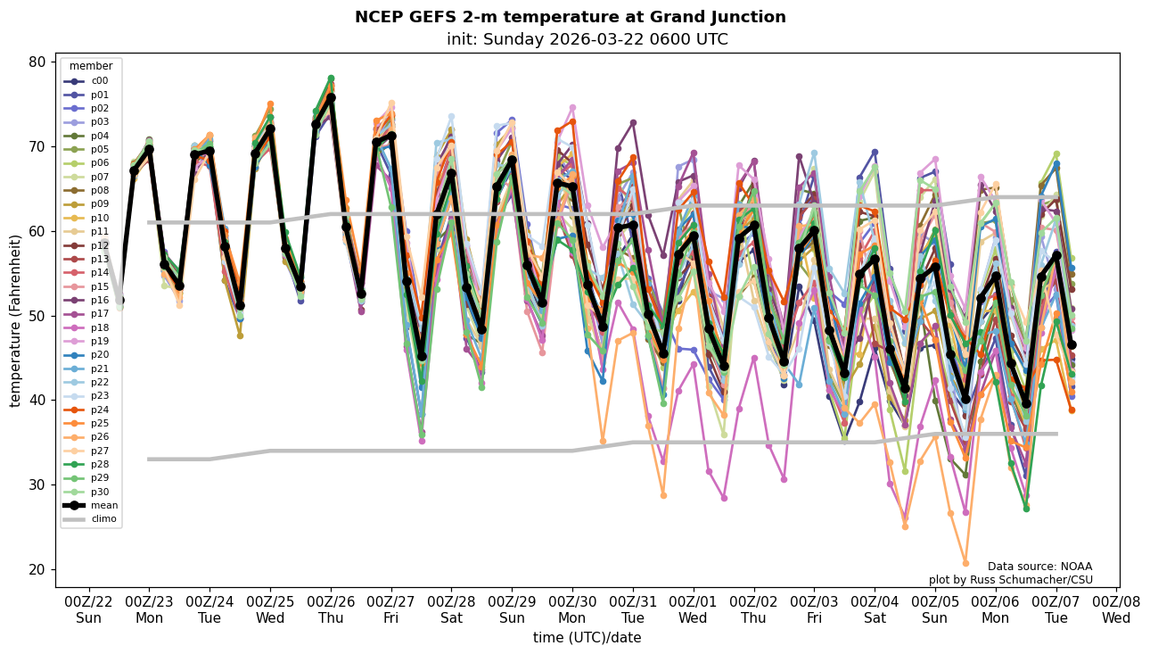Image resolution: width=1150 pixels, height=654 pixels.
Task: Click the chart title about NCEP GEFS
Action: pyautogui.click(x=571, y=17)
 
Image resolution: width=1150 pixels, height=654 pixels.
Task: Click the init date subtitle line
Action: pyautogui.click(x=587, y=39)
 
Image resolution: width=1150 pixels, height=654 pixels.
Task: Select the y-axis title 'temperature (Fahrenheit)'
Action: pyautogui.click(x=16, y=320)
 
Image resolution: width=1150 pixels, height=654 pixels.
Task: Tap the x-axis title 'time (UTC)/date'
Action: pyautogui.click(x=587, y=638)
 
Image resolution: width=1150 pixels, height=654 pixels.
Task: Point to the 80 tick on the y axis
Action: pyautogui.click(x=37, y=62)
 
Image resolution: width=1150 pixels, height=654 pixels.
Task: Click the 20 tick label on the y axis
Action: pyautogui.click(x=37, y=569)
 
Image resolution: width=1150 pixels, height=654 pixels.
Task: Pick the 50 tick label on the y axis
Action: pyautogui.click(x=37, y=316)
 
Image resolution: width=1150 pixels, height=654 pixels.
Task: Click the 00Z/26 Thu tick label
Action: pyautogui.click(x=332, y=609)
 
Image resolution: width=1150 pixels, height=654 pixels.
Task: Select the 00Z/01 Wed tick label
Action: pyautogui.click(x=694, y=609)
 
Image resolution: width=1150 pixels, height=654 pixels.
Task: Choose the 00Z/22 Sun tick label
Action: pyautogui.click(x=89, y=609)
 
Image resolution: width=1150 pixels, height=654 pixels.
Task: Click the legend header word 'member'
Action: pyautogui.click(x=91, y=66)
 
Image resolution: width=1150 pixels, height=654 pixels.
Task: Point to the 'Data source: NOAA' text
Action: pyautogui.click(x=1039, y=567)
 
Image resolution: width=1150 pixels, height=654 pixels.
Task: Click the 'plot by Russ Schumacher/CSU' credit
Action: pyautogui.click(x=1010, y=580)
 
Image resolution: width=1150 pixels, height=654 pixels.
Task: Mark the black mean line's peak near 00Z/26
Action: pyautogui.click(x=331, y=97)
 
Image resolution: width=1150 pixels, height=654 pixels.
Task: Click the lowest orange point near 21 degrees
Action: pyautogui.click(x=965, y=563)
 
